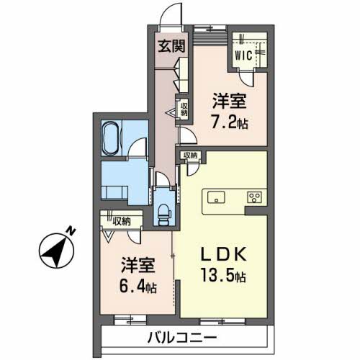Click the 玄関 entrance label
click(x=171, y=46)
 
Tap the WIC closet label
click(x=243, y=55)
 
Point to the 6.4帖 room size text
click(x=138, y=287)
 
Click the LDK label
click(x=223, y=255)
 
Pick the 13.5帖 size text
click(x=223, y=276)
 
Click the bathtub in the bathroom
click(x=110, y=138)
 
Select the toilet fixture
click(x=164, y=214)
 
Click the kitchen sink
click(x=216, y=197)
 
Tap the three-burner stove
click(x=255, y=198)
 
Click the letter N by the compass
click(x=71, y=231)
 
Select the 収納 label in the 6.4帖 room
click(x=122, y=221)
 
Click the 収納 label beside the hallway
click(x=184, y=109)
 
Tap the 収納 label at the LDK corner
click(x=191, y=156)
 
